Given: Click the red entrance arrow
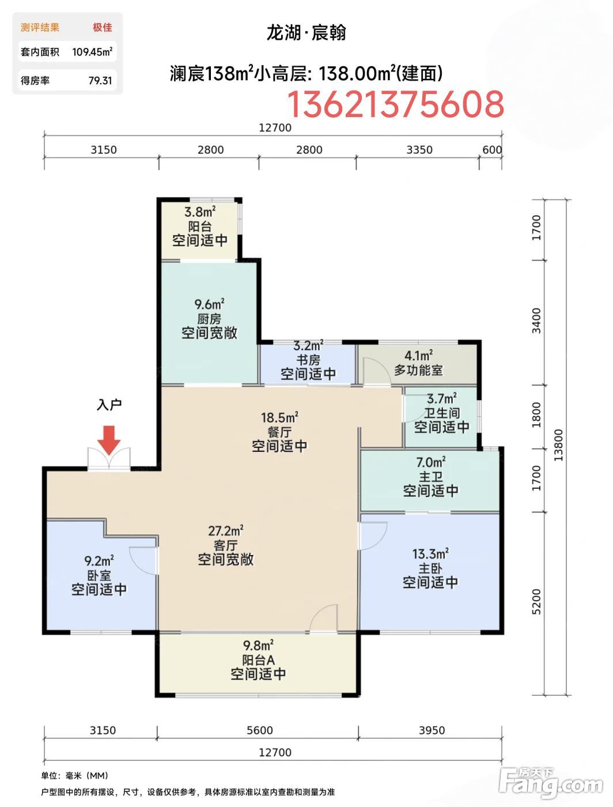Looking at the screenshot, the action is click(109, 440).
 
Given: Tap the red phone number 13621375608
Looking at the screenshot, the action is click(396, 104).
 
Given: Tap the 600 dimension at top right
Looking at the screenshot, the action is click(492, 150).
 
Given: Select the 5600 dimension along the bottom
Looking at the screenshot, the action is click(260, 730).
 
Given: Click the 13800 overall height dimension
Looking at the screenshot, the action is click(558, 445).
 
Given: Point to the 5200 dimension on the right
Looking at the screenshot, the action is click(536, 601).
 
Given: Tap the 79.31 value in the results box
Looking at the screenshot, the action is click(100, 81).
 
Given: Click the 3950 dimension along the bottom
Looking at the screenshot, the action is click(432, 730).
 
